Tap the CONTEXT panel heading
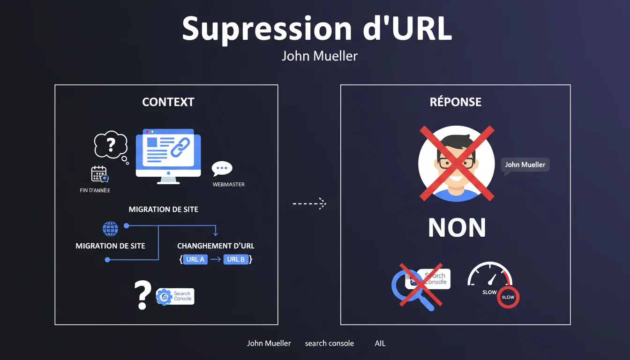(168, 102)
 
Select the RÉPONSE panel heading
(455, 102)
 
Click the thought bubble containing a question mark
(111, 145)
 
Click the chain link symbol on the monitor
(179, 147)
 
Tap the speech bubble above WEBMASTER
(222, 169)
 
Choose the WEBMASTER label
(228, 184)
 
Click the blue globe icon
(110, 229)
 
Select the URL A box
(195, 259)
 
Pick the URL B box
(236, 259)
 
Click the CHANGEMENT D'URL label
(216, 246)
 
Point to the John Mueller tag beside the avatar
(525, 165)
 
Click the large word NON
(457, 228)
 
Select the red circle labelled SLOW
(508, 297)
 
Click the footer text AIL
(380, 343)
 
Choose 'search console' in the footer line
(329, 343)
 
